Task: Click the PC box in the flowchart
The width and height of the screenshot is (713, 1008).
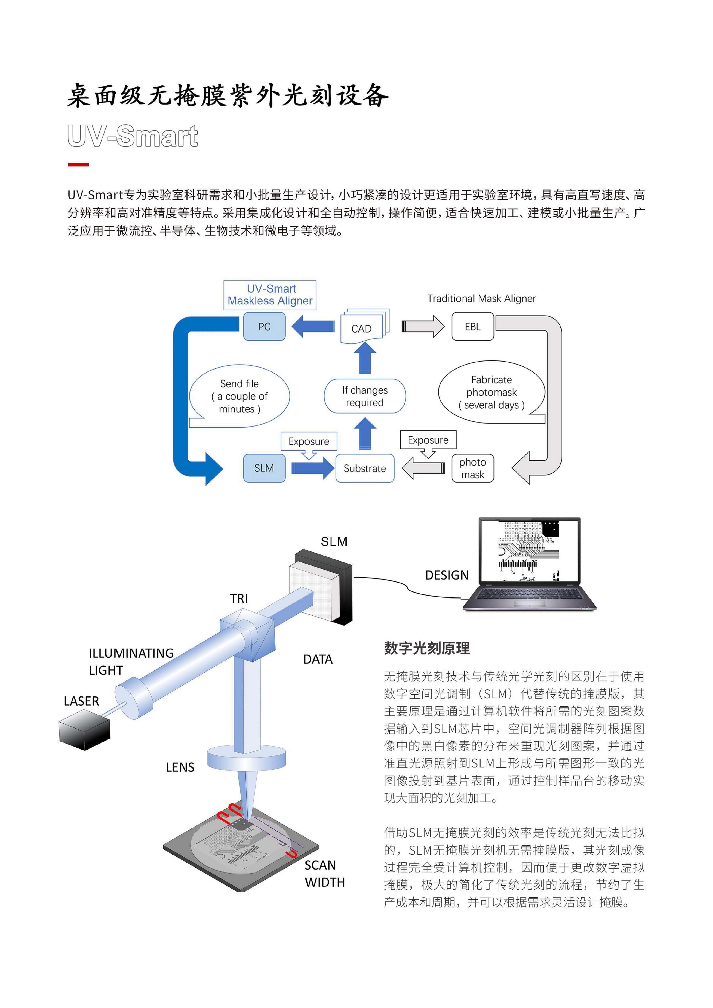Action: click(264, 326)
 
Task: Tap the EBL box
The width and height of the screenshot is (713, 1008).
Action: click(472, 326)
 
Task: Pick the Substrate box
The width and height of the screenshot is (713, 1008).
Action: click(364, 468)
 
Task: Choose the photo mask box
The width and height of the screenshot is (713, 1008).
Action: click(472, 468)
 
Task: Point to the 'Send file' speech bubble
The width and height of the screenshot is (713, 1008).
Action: click(239, 396)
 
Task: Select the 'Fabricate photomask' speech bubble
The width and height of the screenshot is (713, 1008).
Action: click(491, 392)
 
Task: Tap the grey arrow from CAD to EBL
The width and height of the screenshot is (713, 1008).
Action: click(422, 327)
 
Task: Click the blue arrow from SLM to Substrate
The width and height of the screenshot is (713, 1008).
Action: click(312, 468)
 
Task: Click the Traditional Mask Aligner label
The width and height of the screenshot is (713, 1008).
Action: click(482, 299)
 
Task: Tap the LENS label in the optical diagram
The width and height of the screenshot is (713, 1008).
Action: click(180, 767)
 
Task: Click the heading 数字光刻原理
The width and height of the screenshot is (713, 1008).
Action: click(427, 648)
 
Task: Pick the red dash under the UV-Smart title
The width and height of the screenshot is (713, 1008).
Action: click(78, 165)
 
